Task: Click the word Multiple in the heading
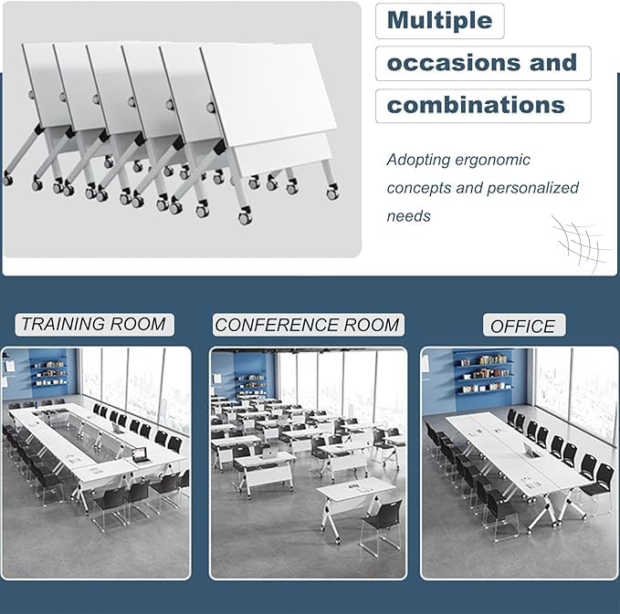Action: [x=439, y=20]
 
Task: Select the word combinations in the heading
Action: [x=476, y=105]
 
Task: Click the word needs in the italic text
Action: [x=408, y=216]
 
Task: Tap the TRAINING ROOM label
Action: [x=93, y=324]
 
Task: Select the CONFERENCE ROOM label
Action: [x=307, y=325]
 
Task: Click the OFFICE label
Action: [x=522, y=326]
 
